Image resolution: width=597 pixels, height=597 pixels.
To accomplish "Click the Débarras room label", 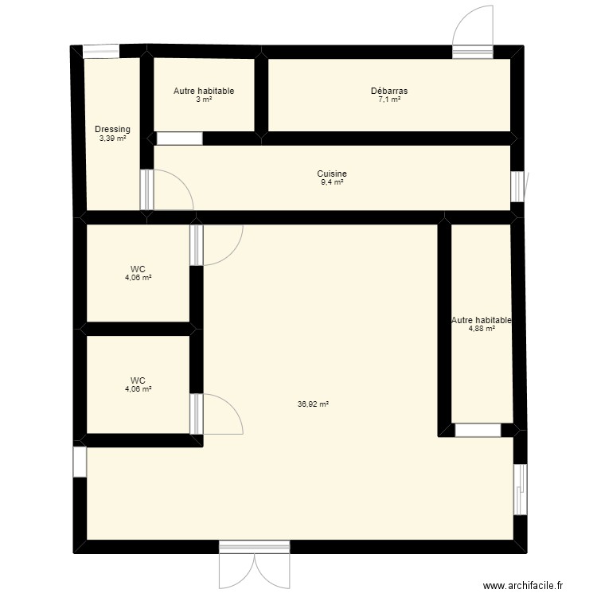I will click(389, 91).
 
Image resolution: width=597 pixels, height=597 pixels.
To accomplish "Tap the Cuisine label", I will click(331, 174).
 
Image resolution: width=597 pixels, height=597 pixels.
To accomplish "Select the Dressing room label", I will click(112, 130).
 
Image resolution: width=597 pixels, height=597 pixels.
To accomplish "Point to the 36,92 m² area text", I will click(313, 404).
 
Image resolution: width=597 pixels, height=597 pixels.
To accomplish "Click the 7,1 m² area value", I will click(389, 99).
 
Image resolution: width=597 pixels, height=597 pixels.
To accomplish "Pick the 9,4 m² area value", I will click(331, 182).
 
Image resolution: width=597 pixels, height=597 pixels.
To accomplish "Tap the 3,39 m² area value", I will click(112, 138).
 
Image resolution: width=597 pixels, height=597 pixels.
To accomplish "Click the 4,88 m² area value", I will click(482, 329).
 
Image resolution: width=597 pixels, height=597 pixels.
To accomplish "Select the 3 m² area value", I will click(204, 99).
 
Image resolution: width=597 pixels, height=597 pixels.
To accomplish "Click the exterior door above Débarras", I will click(474, 32).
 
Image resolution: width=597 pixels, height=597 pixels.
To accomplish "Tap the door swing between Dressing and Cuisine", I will click(169, 191).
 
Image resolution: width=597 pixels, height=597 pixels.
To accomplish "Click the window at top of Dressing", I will click(101, 53).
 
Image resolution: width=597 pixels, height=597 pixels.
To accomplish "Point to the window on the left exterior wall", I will click(79, 462).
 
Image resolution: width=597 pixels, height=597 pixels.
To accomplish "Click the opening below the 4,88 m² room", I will click(478, 431).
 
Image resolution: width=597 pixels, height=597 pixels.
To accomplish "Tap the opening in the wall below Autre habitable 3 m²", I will click(179, 139).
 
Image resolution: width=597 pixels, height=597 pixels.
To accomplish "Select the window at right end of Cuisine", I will click(518, 186).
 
